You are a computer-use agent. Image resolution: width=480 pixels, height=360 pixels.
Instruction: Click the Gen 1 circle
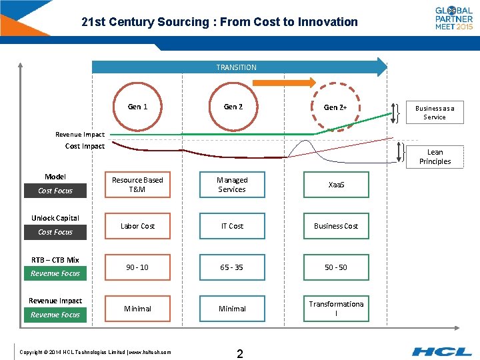[x=138, y=107]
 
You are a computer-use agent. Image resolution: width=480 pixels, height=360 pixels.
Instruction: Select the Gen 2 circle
[x=233, y=107]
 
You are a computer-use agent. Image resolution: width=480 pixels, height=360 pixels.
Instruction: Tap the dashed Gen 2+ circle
[x=335, y=107]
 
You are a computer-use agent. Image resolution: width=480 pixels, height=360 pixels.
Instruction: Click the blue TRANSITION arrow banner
[x=237, y=67]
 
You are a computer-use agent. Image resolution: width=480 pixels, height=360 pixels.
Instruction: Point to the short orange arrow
[x=284, y=83]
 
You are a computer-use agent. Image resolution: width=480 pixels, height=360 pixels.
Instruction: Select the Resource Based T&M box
[x=137, y=185]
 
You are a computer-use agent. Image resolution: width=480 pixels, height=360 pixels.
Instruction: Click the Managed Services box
[x=232, y=185]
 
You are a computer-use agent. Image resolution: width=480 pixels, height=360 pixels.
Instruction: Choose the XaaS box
[x=336, y=185]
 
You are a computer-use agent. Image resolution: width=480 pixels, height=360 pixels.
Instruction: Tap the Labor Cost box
[x=137, y=226]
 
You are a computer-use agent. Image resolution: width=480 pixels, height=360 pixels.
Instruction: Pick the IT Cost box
[x=232, y=226]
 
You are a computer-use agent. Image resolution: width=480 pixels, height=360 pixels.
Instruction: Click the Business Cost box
[x=336, y=226]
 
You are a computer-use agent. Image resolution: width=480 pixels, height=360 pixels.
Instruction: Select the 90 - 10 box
[x=137, y=267]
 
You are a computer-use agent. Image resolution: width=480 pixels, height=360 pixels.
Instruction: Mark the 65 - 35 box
[x=232, y=267]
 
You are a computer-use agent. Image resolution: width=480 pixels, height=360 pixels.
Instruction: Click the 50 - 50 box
[x=336, y=267]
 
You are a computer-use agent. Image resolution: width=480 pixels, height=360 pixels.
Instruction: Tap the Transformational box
[x=336, y=309]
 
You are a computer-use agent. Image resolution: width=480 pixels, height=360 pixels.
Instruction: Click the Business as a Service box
[x=435, y=113]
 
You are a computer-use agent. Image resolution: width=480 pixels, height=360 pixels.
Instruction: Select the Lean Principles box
[x=435, y=157]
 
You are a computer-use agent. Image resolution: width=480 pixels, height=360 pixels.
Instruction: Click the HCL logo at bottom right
[x=441, y=351]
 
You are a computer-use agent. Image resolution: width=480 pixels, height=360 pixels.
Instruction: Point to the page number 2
[x=240, y=353]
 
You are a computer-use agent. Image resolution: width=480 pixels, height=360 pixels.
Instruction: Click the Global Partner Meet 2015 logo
[x=454, y=18]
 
